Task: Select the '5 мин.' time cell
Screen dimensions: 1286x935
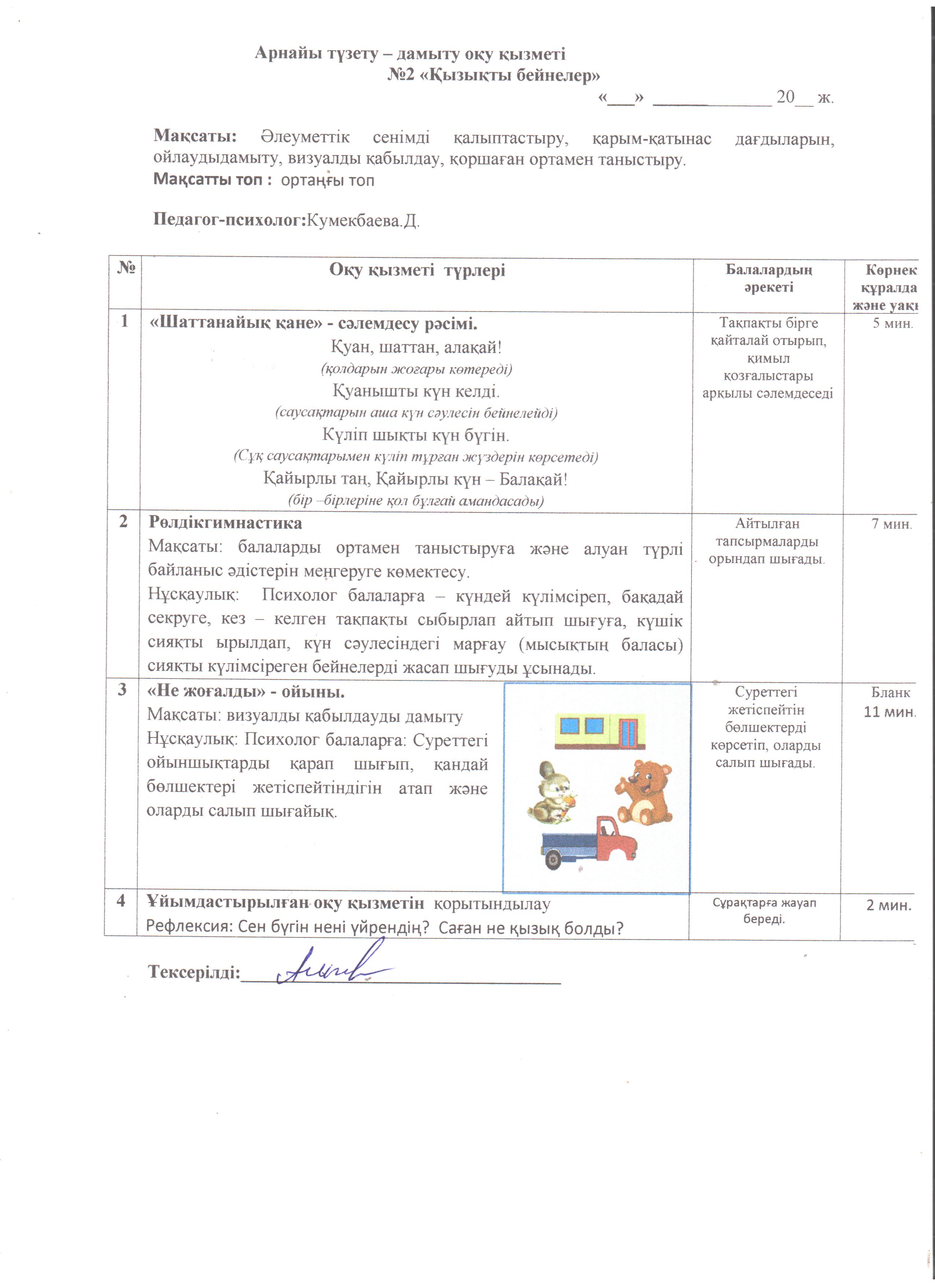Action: point(892,324)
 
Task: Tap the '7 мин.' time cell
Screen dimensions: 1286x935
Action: point(891,524)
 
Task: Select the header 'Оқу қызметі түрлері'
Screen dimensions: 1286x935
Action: point(417,271)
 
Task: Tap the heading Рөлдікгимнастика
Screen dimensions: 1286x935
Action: point(225,522)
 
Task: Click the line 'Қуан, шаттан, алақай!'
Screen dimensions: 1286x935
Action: point(416,346)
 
